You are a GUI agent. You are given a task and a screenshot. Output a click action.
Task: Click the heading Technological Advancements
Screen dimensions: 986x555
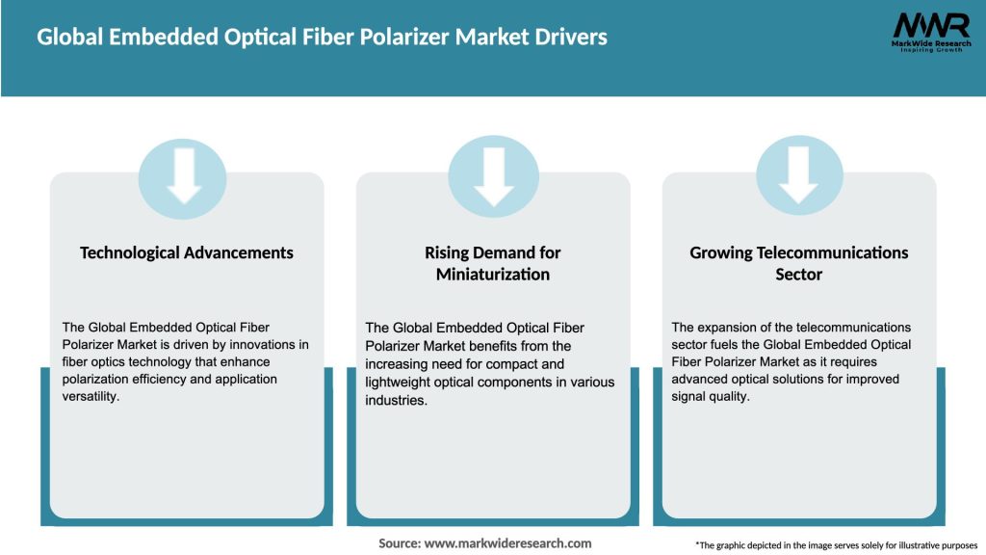tap(187, 252)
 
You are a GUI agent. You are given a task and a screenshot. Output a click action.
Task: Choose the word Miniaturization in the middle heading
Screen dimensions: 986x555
tap(493, 275)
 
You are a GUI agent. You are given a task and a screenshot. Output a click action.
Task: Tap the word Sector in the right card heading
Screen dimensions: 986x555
tap(799, 275)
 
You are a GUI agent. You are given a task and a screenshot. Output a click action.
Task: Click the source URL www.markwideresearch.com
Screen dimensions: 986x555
tap(507, 543)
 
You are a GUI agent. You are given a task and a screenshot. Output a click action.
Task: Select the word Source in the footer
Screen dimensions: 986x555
tap(399, 543)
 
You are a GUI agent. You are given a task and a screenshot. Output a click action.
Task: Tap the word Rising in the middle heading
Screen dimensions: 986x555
tap(448, 252)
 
